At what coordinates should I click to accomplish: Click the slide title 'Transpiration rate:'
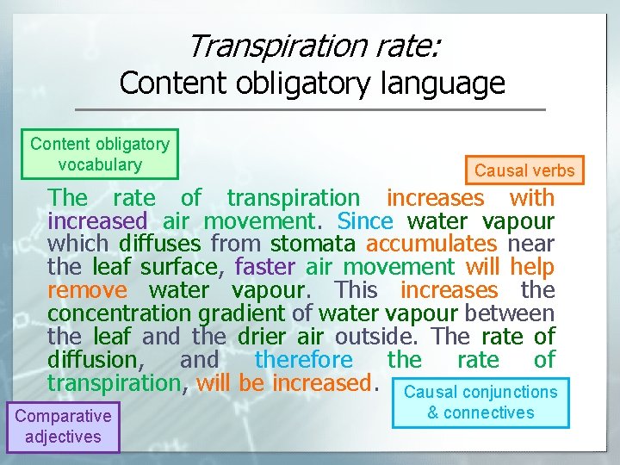[x=313, y=45]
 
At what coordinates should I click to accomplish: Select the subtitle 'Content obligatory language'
[x=312, y=84]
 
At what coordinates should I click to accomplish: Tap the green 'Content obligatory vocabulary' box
[x=100, y=153]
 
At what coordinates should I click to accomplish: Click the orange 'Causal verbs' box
[x=524, y=170]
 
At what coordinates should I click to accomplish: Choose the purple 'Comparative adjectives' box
[x=63, y=426]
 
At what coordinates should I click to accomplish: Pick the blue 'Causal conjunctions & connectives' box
[x=480, y=402]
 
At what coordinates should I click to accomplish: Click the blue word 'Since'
[x=365, y=221]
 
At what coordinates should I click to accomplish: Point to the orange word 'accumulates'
[x=431, y=245]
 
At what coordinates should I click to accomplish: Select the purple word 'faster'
[x=264, y=268]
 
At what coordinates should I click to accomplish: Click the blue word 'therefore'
[x=304, y=360]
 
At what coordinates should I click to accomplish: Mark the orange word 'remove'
[x=87, y=290]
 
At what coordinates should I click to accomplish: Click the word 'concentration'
[x=101, y=313]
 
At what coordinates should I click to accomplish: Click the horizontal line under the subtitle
[x=310, y=109]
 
